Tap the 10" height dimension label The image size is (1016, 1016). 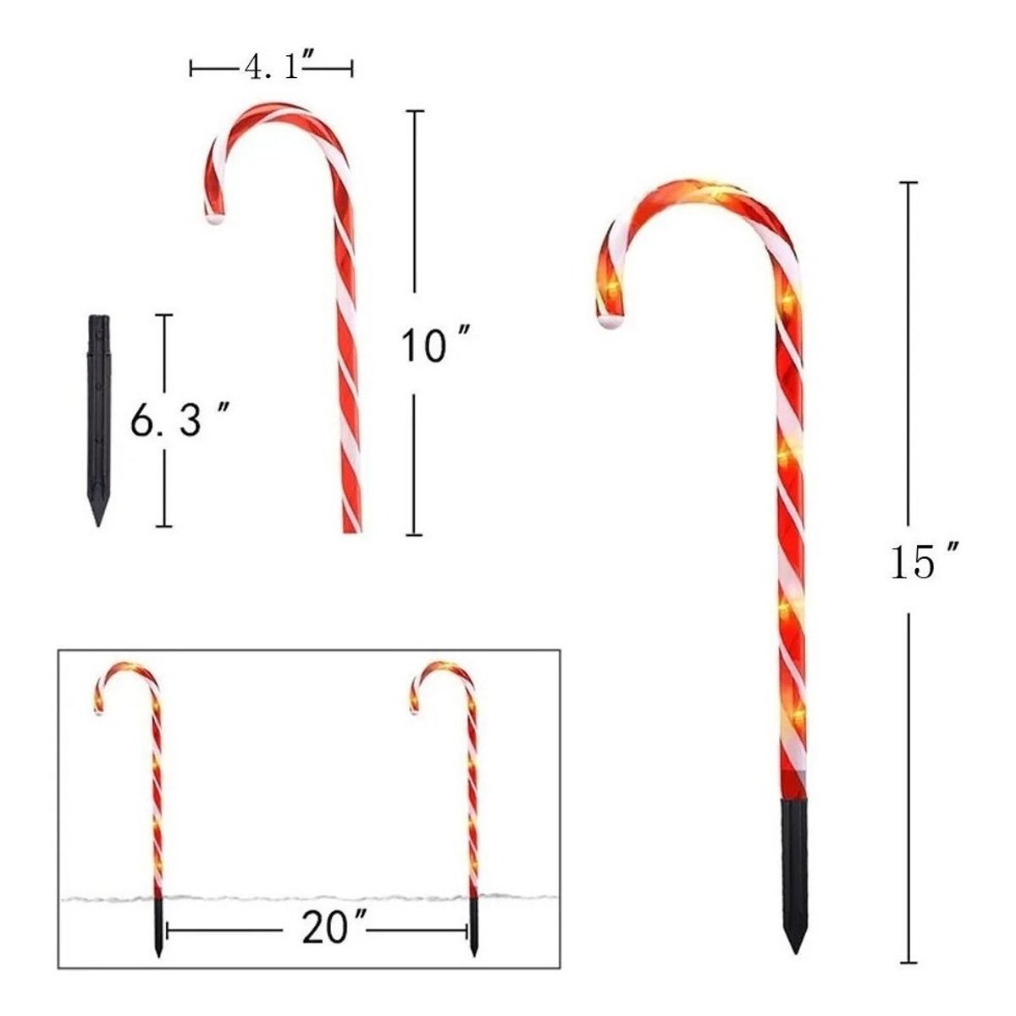435,344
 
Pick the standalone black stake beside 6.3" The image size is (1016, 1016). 98,420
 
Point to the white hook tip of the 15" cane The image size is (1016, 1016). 611,322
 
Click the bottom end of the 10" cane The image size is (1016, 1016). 351,531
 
